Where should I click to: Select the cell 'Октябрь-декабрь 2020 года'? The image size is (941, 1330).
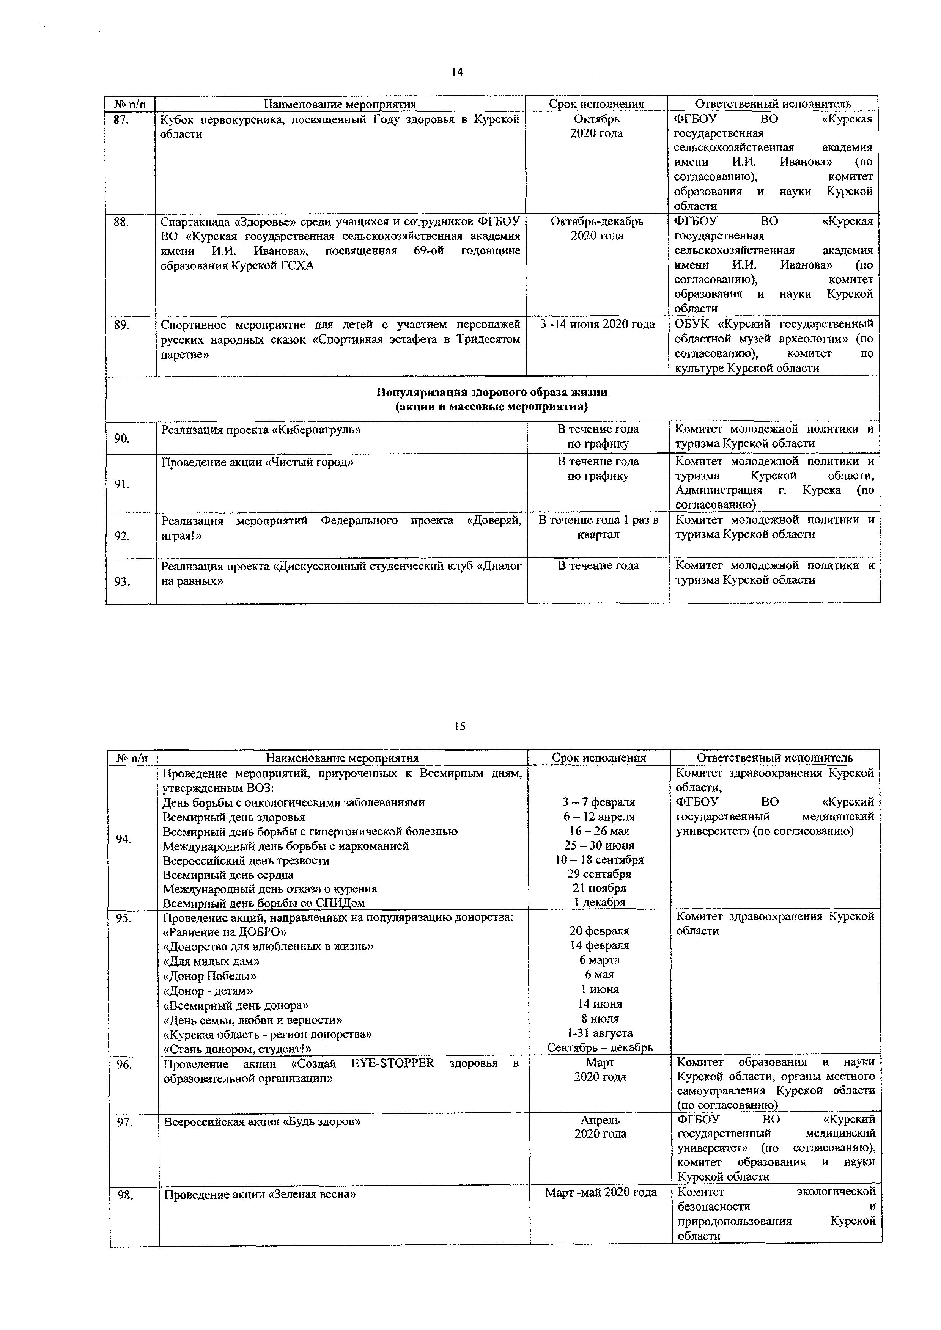[597, 228]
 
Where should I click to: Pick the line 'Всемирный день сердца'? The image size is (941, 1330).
[228, 875]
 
